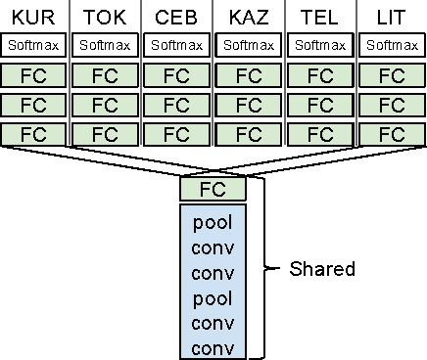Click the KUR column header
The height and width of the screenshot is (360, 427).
point(33,17)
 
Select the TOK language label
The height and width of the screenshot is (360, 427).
point(106,17)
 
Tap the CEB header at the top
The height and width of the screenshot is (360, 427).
point(177,17)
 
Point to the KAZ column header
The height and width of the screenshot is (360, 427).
point(249,17)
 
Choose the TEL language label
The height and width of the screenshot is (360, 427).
point(320,17)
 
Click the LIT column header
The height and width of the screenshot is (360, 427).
point(392,17)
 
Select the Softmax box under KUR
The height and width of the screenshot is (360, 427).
point(34,45)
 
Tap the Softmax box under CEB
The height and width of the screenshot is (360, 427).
point(177,45)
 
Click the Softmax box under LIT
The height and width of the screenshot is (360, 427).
point(392,45)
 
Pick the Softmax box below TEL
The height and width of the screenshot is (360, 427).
point(320,45)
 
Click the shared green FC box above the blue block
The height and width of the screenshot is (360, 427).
point(213,189)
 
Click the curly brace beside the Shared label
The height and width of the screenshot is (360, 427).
point(262,267)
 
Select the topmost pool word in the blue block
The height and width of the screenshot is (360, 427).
point(213,222)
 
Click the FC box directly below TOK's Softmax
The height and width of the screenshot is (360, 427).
point(106,76)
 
